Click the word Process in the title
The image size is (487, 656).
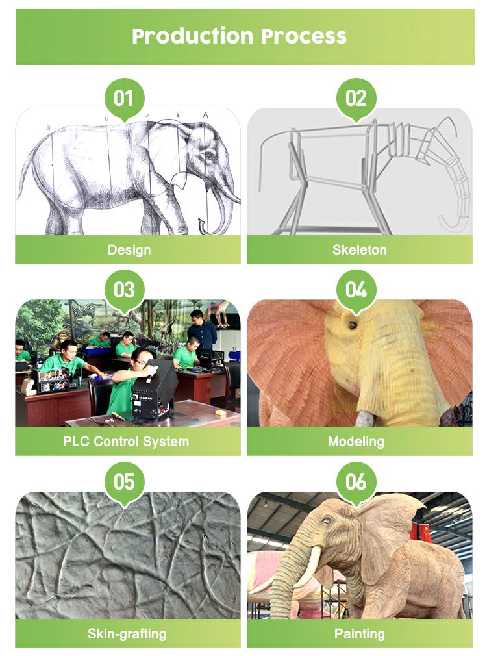click(304, 36)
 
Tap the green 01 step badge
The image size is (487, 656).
click(124, 99)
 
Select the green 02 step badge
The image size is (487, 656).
click(356, 99)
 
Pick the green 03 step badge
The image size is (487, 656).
click(124, 290)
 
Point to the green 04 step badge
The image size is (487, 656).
click(356, 290)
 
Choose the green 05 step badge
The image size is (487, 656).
click(124, 482)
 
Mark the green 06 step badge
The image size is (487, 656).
click(356, 482)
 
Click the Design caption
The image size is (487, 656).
click(129, 250)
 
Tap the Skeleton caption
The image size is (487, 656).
click(359, 250)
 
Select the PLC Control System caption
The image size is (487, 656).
click(126, 442)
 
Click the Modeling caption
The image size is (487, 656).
click(356, 442)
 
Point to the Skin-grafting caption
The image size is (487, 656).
click(127, 634)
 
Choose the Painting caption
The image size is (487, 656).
click(359, 634)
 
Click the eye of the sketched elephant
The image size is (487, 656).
click(209, 155)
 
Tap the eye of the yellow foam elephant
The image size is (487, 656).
click(353, 325)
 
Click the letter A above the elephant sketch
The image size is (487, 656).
click(205, 115)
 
